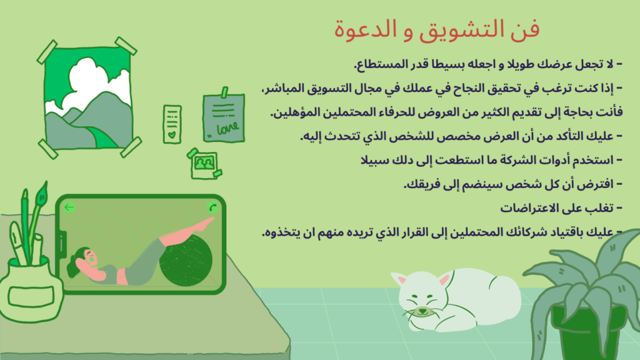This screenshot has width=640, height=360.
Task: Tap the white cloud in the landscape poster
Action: click(x=94, y=81)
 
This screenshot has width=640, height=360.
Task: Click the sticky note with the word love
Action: click(x=223, y=117)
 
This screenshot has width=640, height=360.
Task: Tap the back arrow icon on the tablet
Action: click(x=69, y=207)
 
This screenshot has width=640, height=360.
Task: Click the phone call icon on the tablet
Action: click(x=212, y=207)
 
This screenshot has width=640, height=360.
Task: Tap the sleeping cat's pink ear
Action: click(x=443, y=279)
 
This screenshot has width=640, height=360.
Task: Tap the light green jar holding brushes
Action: click(x=30, y=291)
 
